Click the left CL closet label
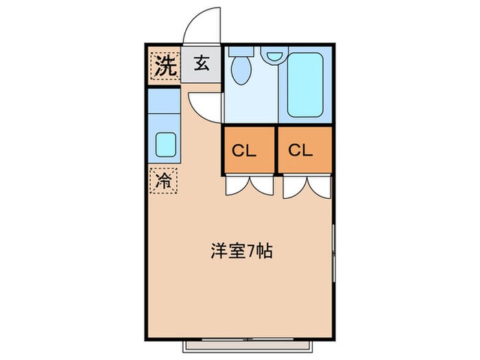(x=248, y=151)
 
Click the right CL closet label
(x=304, y=151)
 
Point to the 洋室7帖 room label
(x=241, y=252)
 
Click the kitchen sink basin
(x=165, y=145)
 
